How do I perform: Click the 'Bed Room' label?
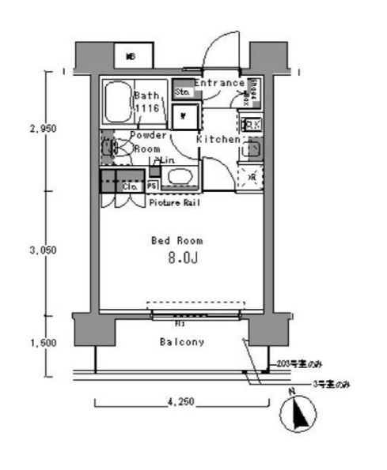click(176, 239)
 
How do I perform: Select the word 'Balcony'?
click(182, 342)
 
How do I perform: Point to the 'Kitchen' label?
click(218, 139)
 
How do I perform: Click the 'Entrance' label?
click(219, 82)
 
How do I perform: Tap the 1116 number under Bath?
click(146, 108)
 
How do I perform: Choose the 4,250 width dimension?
click(181, 402)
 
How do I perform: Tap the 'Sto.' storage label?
click(181, 92)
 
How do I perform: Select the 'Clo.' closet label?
click(131, 187)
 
